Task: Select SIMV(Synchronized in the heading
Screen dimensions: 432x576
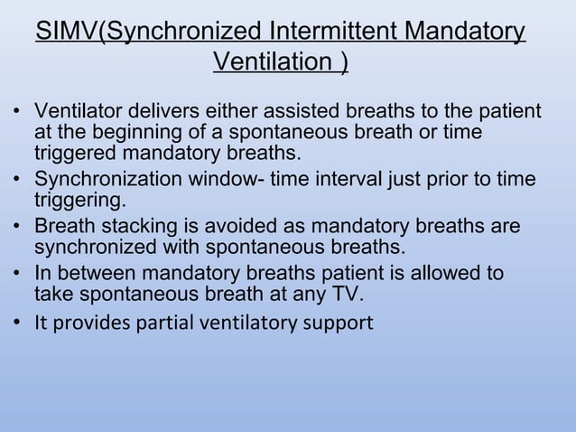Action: coord(149,34)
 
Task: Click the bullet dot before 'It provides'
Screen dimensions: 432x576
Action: coord(18,323)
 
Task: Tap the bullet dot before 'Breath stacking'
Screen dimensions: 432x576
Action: coord(18,225)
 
